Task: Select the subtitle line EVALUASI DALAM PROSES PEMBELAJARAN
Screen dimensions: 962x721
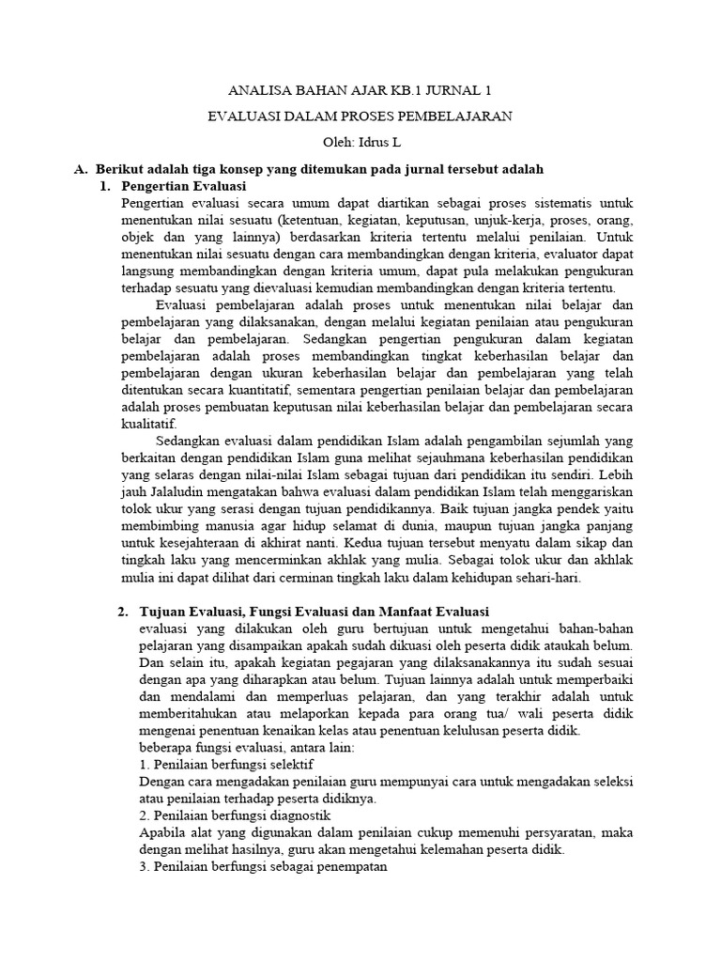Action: tap(360, 116)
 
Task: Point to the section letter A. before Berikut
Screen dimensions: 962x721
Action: tap(81, 169)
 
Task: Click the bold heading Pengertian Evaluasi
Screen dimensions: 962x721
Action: tap(182, 186)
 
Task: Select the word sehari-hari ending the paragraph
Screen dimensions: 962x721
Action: tap(548, 577)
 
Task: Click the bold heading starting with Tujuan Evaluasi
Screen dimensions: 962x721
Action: tap(314, 612)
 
